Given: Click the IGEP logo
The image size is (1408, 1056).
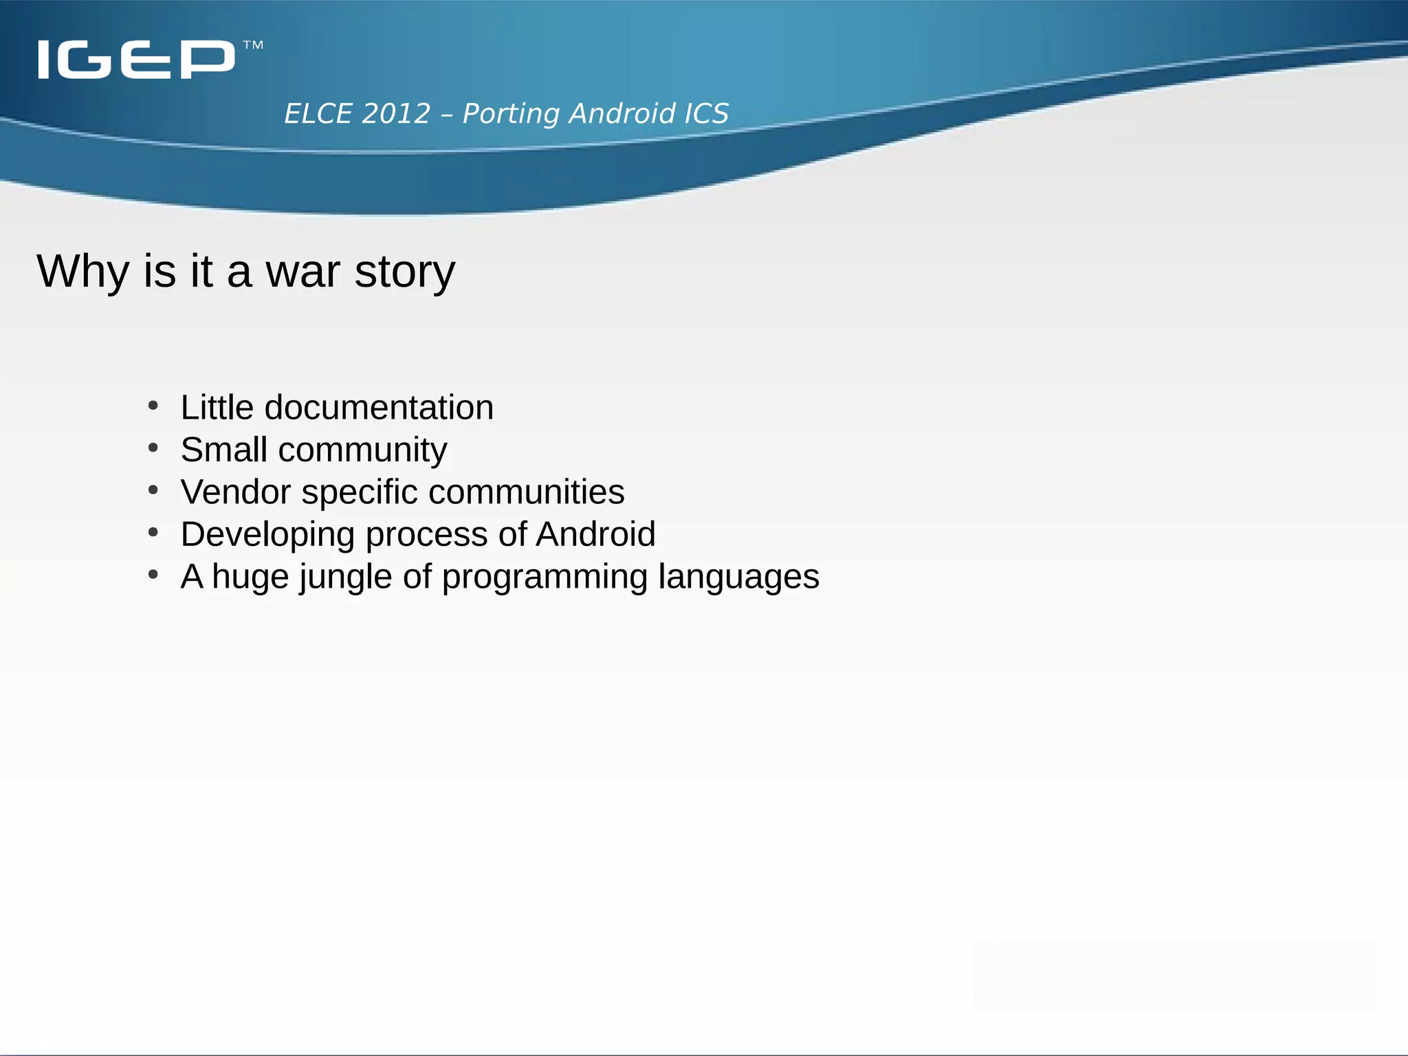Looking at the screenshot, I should coord(136,59).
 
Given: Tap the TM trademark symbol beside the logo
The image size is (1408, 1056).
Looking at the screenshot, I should coord(253,46).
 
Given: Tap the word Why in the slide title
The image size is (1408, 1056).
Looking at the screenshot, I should coord(82,272).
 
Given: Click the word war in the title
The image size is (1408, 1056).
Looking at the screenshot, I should coord(302,272).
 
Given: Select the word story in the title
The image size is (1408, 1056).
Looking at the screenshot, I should coord(404,273).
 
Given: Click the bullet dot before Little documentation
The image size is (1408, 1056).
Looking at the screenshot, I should coord(153,406).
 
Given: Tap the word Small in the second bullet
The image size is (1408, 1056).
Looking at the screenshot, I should coord(224,450).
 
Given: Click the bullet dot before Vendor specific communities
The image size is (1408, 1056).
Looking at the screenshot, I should coord(153,490).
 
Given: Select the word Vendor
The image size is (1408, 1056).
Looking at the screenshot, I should coord(236,492).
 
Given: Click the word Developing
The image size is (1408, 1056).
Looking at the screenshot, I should coord(267,535).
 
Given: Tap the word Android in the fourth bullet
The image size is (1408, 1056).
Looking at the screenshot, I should coord(595,534).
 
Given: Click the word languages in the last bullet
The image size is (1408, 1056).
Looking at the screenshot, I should coord(738,577).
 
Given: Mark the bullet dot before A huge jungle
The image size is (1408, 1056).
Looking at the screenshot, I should coord(153,574).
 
